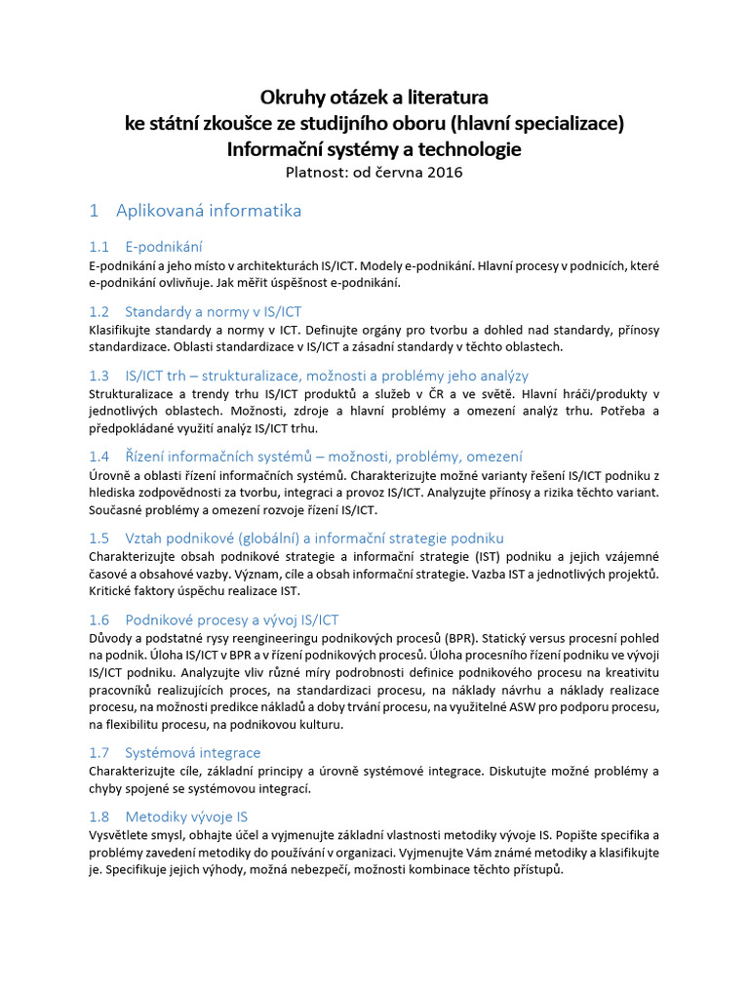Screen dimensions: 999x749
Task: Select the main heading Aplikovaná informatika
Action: point(209,211)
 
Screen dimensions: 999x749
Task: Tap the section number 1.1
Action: point(99,247)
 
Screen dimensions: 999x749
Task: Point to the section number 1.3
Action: point(99,376)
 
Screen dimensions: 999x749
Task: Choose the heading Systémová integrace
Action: point(193,752)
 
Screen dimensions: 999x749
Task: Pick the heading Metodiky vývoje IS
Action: point(186,817)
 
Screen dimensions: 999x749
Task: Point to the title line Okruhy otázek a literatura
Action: point(374,98)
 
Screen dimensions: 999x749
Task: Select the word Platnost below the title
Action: point(319,174)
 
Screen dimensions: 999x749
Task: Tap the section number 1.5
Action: point(99,539)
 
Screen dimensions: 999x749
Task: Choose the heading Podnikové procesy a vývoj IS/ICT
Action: point(232,620)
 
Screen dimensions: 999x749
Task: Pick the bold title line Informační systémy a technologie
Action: point(374,149)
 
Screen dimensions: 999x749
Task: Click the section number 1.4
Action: point(99,457)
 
